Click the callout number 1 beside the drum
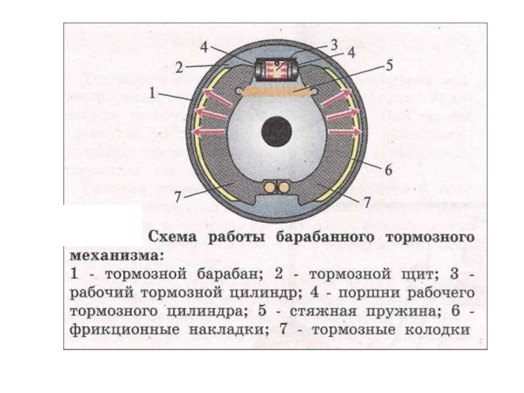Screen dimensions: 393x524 153,94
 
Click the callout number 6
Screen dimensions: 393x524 388,170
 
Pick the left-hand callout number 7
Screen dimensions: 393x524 178,195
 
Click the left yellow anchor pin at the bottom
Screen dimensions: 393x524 268,187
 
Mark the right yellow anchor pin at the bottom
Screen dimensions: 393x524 283,187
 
